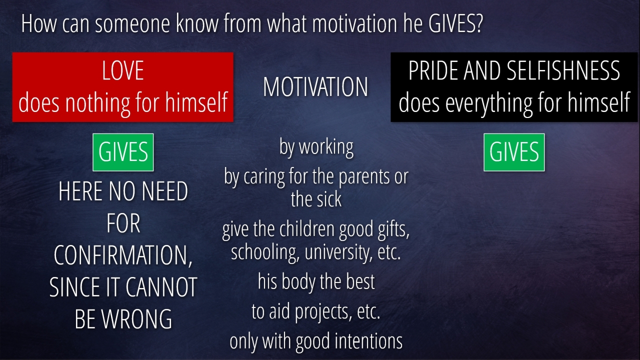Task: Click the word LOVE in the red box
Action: [x=123, y=70]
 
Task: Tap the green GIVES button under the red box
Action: [x=123, y=152]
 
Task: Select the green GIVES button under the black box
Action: [x=514, y=152]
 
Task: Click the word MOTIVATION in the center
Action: [x=315, y=87]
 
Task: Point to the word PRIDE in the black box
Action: [x=433, y=70]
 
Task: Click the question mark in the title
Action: [x=478, y=24]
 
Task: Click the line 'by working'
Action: [x=316, y=147]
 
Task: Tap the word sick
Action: [x=328, y=199]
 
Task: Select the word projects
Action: [x=323, y=312]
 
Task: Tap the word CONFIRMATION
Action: [x=123, y=255]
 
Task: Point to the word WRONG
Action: [x=137, y=319]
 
